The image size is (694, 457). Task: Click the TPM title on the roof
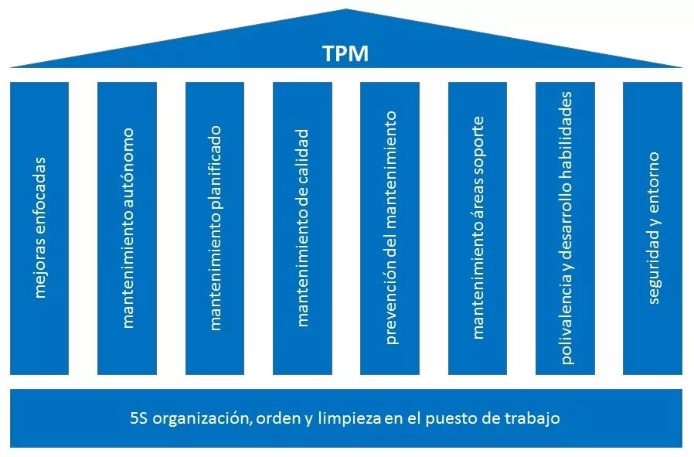click(345, 53)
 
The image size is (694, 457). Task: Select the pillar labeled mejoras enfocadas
click(39, 228)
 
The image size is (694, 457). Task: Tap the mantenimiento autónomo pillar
click(127, 228)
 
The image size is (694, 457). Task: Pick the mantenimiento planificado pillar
click(215, 228)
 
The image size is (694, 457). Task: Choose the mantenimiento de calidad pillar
click(302, 228)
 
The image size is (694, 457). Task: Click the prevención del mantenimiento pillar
click(390, 228)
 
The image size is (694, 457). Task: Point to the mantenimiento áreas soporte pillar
click(478, 228)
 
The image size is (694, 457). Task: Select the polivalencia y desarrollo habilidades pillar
click(566, 228)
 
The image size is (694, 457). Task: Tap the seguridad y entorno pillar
click(653, 228)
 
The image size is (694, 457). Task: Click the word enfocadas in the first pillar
click(39, 193)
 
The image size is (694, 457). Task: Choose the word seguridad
click(653, 272)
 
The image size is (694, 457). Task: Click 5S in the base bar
click(139, 418)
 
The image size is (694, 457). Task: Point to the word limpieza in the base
click(352, 418)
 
